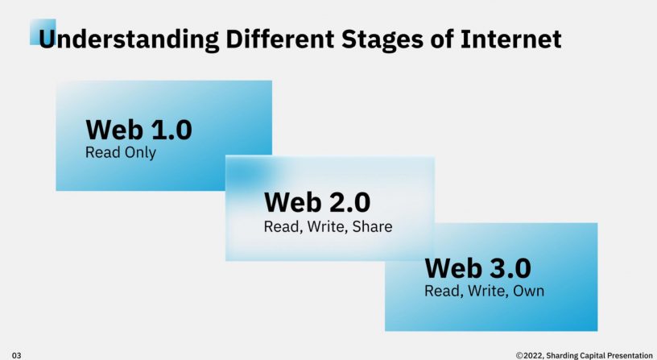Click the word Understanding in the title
(129, 39)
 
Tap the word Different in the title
(280, 39)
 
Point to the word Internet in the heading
(510, 39)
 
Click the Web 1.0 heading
(138, 130)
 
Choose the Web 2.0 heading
(317, 202)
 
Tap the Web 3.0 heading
(478, 268)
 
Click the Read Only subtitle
(121, 152)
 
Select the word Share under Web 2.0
(372, 226)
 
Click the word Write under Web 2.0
(327, 227)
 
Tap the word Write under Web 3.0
(488, 292)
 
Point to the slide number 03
(16, 355)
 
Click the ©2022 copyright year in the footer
(530, 355)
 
